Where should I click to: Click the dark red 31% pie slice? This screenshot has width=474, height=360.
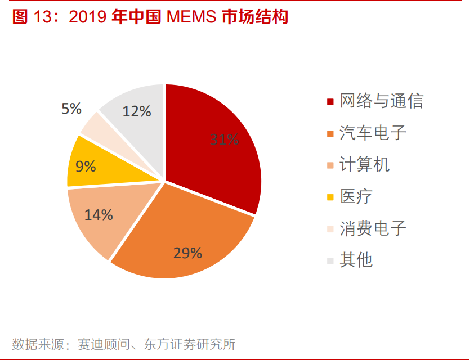pyautogui.click(x=214, y=152)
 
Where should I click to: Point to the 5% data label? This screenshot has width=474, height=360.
pyautogui.click(x=71, y=108)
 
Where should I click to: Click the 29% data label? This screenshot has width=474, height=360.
pyautogui.click(x=187, y=253)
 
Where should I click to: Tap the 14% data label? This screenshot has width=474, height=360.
pyautogui.click(x=99, y=214)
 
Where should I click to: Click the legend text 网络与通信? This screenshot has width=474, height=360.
pyautogui.click(x=381, y=101)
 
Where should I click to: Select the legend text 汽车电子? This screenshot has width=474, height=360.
pyautogui.click(x=373, y=133)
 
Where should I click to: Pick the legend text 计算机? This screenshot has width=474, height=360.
pyautogui.click(x=364, y=165)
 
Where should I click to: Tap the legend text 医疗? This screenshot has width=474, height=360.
pyautogui.click(x=356, y=196)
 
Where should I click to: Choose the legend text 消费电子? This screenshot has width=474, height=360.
pyautogui.click(x=373, y=228)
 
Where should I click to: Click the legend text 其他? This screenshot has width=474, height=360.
pyautogui.click(x=356, y=260)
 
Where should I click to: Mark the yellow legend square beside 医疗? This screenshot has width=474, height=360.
pyautogui.click(x=330, y=197)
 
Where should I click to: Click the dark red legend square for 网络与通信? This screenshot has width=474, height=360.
pyautogui.click(x=330, y=102)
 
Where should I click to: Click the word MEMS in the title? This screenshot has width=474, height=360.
pyautogui.click(x=192, y=17)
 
